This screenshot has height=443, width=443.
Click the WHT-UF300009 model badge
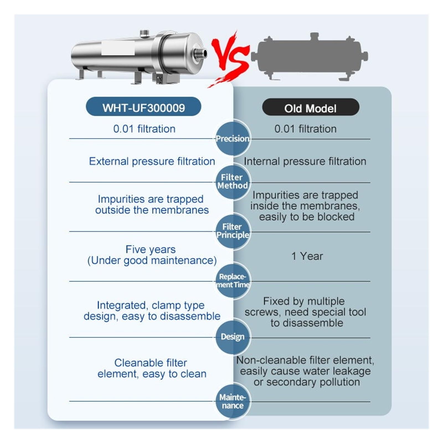[143, 107]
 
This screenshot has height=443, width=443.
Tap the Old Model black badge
[311, 107]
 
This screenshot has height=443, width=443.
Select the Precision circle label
[233, 138]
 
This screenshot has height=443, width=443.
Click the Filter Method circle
[233, 182]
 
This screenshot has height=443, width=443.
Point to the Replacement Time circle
[233, 281]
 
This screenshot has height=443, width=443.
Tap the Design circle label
[233, 337]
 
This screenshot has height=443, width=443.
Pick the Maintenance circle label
[233, 401]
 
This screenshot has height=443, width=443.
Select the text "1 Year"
[307, 256]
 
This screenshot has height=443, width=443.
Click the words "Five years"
[151, 249]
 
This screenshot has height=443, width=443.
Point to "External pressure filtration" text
[152, 161]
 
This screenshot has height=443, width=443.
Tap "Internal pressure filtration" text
[305, 161]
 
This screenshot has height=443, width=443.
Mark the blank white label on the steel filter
[118, 48]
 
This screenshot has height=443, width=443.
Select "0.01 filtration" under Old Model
[305, 129]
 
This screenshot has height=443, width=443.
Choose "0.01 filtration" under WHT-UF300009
[144, 129]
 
